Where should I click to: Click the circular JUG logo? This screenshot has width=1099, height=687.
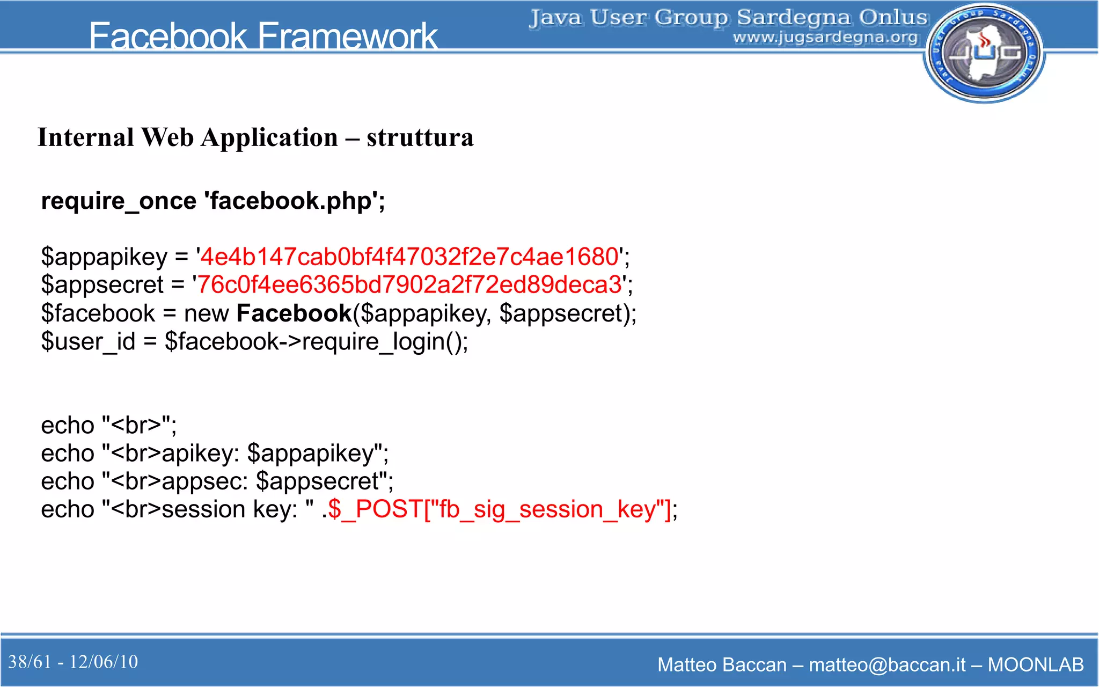(x=984, y=53)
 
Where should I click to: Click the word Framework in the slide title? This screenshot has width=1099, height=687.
(x=348, y=36)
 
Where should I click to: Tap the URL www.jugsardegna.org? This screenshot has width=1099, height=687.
(x=825, y=37)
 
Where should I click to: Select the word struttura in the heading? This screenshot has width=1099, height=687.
(x=420, y=137)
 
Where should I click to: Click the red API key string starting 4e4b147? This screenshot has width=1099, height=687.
(x=409, y=257)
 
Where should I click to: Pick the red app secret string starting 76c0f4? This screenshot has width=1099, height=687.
(x=409, y=284)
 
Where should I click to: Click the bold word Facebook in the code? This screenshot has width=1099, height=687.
(x=294, y=313)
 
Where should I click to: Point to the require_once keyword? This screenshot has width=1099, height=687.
(x=119, y=201)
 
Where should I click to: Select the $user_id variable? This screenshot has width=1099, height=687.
(x=88, y=341)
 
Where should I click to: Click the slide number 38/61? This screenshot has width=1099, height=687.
(x=30, y=662)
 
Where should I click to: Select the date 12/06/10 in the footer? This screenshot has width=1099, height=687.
(x=104, y=662)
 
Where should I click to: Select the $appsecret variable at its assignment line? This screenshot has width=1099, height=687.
(x=102, y=285)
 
